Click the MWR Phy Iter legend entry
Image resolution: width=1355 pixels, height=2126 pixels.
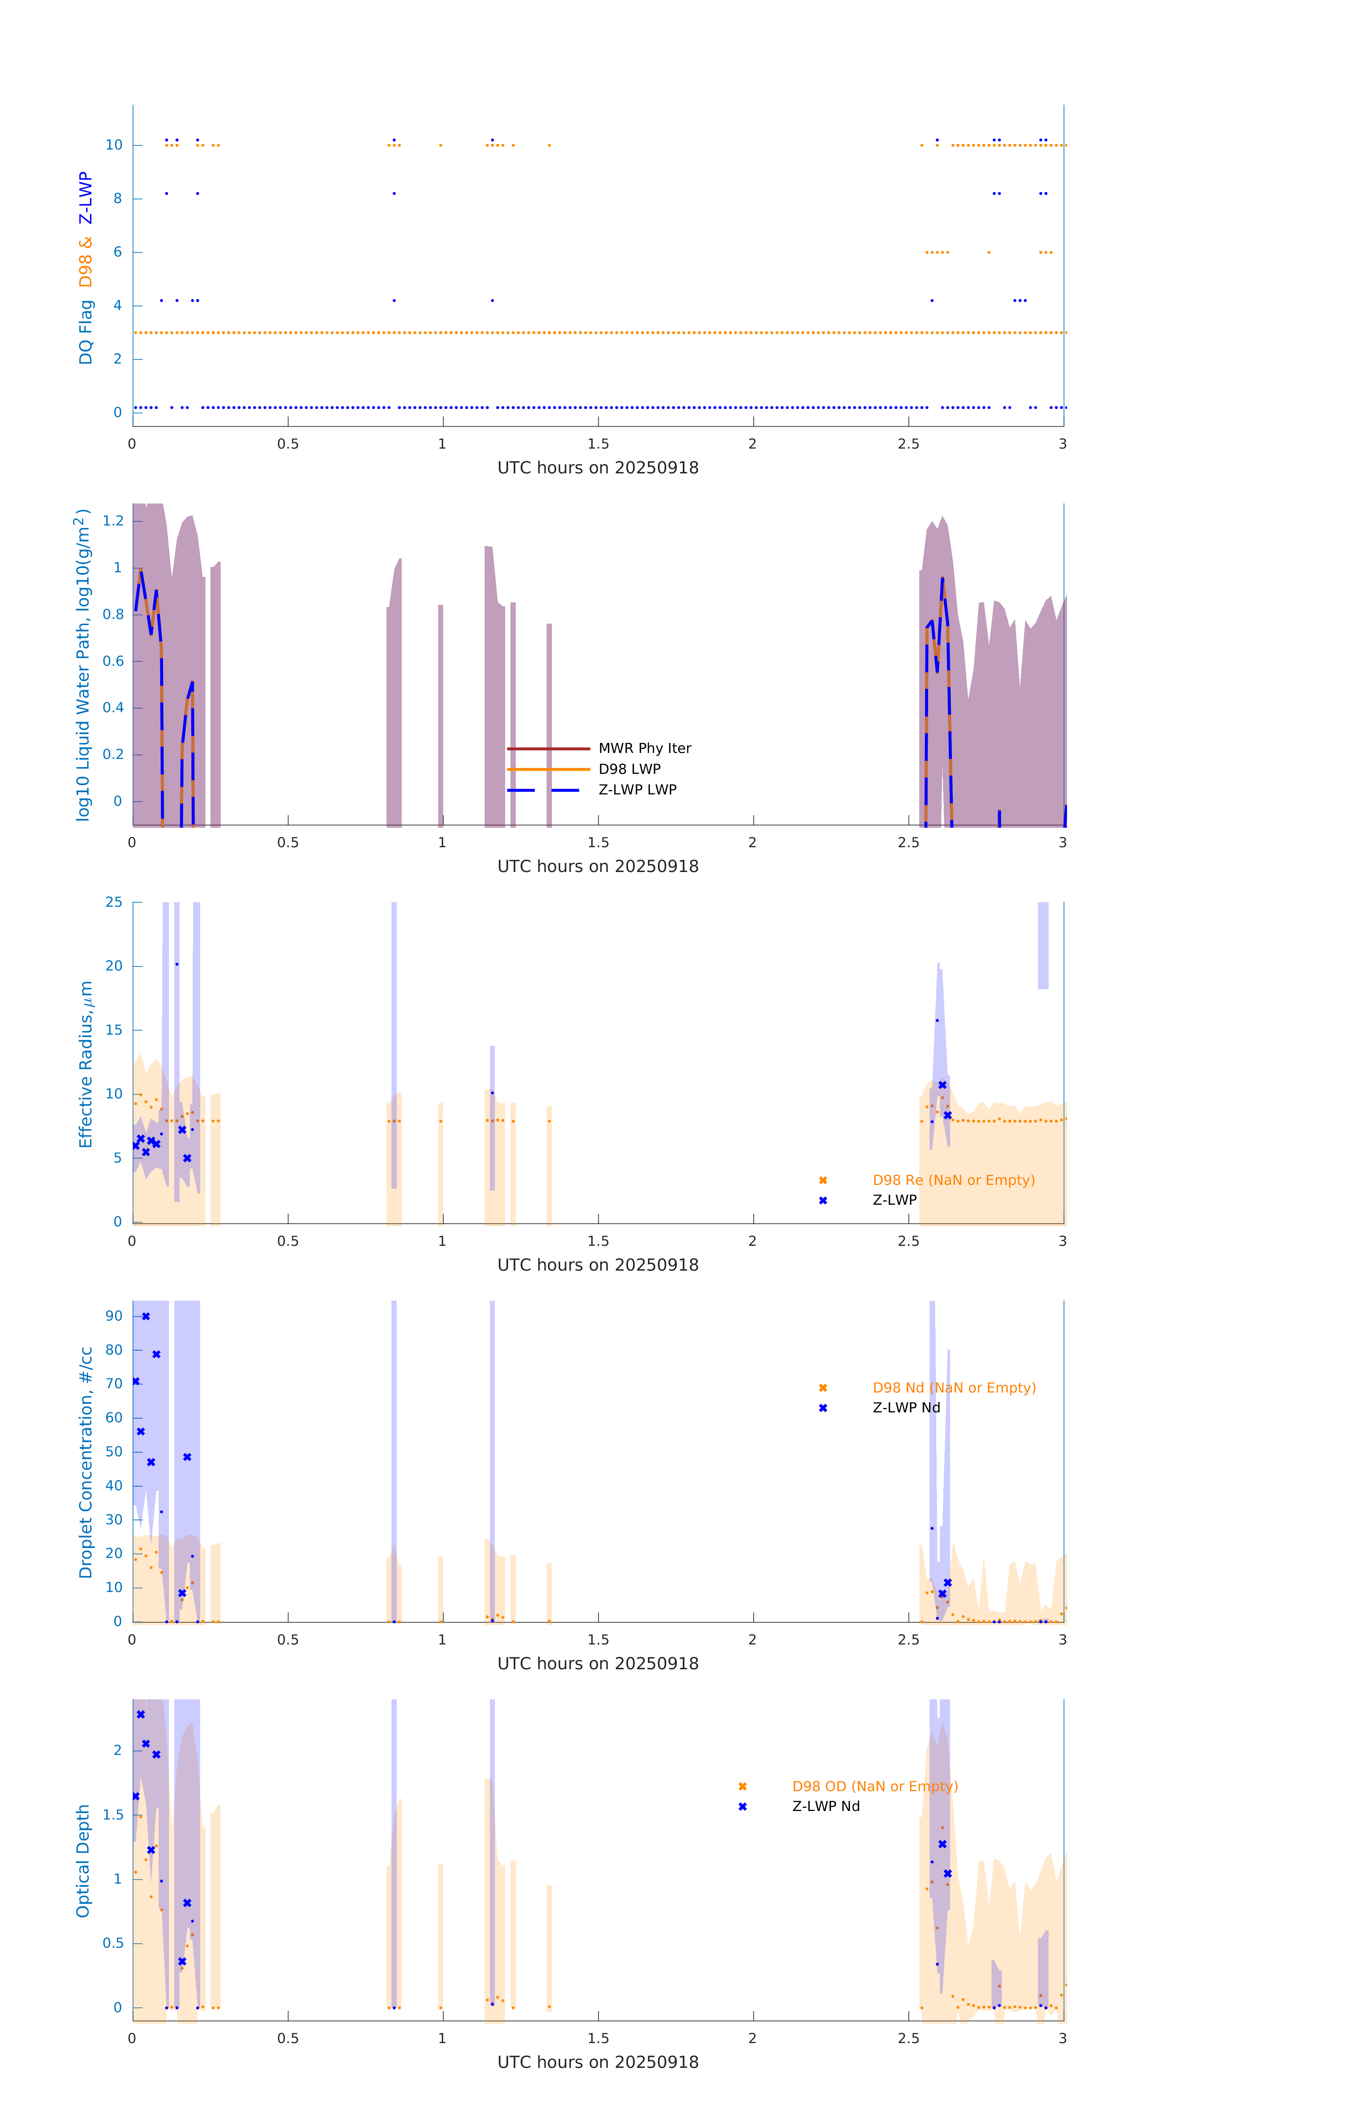pos(644,749)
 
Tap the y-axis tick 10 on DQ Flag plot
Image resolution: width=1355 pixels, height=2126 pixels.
pos(114,146)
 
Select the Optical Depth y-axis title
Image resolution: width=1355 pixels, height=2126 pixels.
pos(83,1861)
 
